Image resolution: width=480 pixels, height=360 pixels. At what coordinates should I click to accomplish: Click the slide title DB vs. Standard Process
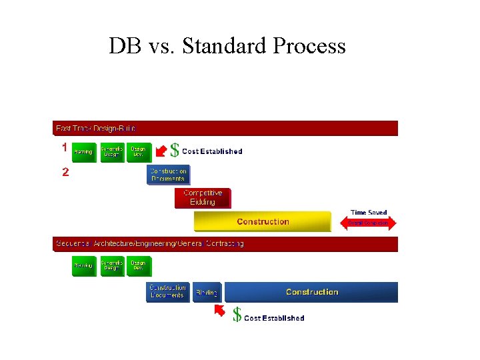coord(227,46)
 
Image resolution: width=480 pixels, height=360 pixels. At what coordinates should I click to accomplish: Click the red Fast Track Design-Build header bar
coord(225,128)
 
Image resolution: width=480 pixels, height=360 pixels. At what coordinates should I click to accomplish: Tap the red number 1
coord(65,147)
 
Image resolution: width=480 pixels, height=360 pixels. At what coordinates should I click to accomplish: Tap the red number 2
coord(65,172)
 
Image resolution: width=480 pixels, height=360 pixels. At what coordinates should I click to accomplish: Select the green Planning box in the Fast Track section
coord(83,152)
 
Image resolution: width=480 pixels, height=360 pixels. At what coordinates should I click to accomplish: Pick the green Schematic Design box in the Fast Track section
coord(112,152)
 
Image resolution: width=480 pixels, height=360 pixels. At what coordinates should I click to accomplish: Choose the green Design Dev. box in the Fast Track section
coord(139,152)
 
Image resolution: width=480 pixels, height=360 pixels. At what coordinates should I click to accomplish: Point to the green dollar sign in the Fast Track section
coord(175,151)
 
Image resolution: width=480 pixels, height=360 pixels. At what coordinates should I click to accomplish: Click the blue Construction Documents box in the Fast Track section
coord(168,175)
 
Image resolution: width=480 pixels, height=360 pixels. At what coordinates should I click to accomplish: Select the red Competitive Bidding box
coord(203,198)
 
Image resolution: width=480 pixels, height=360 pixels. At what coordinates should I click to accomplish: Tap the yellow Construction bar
coord(262,221)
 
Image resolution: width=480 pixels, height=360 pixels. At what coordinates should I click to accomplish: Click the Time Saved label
coord(369,213)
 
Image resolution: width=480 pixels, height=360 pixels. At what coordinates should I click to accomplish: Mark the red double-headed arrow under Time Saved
coord(369,223)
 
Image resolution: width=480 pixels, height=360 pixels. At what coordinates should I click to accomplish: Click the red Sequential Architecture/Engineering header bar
coord(225,244)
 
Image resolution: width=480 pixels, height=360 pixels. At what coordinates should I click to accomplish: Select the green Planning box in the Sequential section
coord(83,266)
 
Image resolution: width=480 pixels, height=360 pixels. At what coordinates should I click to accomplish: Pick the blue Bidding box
coord(207,292)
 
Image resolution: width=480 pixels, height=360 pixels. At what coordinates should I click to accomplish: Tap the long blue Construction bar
coord(311,292)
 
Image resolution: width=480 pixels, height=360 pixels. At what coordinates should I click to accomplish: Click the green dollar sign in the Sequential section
coord(237,315)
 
